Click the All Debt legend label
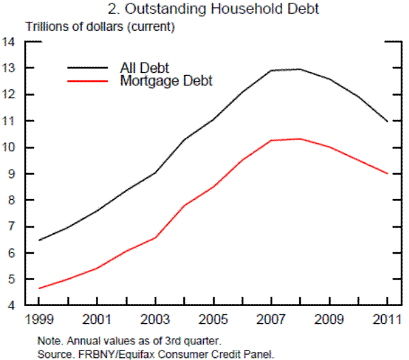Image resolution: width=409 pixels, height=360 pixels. [144, 67]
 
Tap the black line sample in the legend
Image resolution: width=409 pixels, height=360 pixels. [87, 67]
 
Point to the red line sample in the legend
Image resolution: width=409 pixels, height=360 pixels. [87, 80]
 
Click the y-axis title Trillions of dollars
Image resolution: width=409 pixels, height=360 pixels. [101, 27]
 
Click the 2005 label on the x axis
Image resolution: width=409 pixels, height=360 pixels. [213, 319]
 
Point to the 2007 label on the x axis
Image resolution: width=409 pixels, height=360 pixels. [271, 319]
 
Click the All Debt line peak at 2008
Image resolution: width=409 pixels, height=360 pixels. [301, 69]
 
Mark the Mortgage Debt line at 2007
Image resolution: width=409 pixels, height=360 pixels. [271, 140]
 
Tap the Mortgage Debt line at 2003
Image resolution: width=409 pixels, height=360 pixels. [155, 237]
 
